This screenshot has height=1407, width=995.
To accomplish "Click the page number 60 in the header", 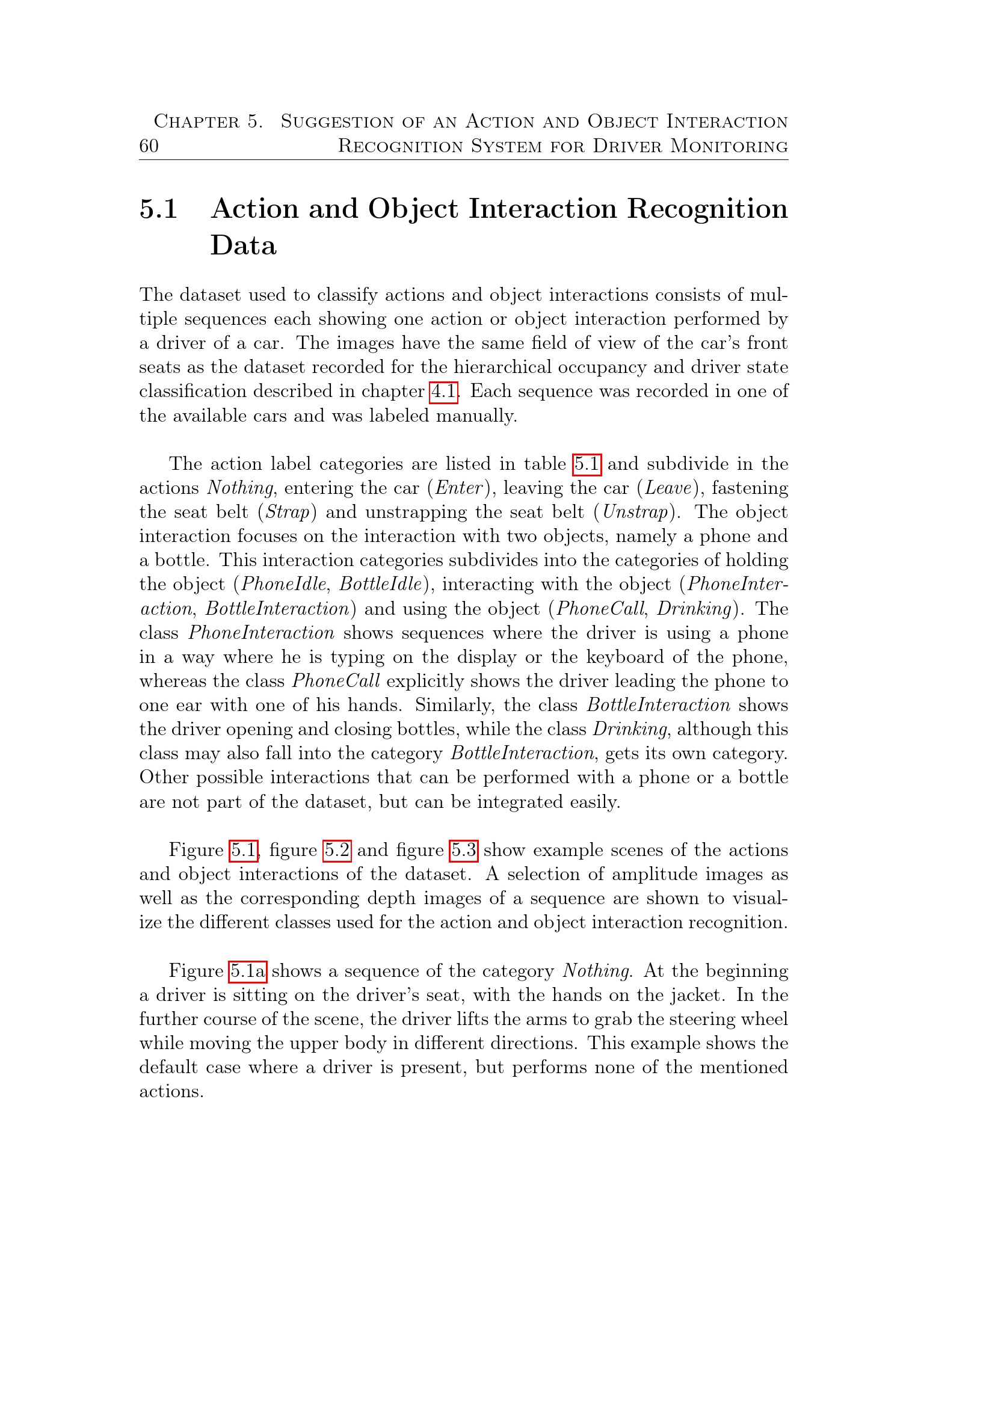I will (149, 146).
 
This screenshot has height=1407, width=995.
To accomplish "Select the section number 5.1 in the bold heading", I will (159, 209).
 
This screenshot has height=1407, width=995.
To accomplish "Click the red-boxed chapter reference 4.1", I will (443, 392).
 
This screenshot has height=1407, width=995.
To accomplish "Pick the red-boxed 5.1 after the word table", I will (587, 464).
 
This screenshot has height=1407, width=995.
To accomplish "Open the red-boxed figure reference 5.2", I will (337, 851).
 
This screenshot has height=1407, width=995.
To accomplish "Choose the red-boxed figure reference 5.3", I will (464, 851).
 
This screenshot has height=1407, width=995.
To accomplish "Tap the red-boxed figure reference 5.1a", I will (247, 971).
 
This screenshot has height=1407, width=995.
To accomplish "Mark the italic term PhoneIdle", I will (284, 585).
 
